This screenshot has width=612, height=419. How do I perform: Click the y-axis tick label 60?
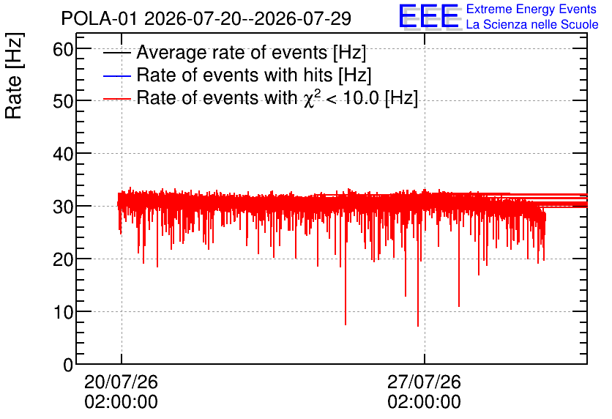coord(63,50)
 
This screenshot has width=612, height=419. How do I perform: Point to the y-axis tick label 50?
coord(63,102)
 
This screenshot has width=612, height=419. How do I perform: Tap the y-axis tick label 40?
coord(63,155)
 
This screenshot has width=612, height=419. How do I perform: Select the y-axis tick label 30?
coord(63,207)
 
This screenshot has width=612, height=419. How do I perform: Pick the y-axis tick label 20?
coord(63,260)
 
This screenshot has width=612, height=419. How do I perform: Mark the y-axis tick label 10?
coord(63,312)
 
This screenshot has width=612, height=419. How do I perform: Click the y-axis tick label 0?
coord(68,365)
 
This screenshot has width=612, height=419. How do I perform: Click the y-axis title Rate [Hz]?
coord(14,76)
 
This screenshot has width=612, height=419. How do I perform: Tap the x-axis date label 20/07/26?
coord(121,382)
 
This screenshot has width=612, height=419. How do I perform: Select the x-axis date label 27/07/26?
coord(425,382)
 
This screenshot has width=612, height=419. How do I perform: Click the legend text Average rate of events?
coord(232,52)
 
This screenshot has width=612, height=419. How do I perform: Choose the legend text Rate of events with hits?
coord(234,75)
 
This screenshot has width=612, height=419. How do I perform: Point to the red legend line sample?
coord(116,99)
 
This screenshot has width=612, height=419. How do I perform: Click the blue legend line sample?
coord(116,75)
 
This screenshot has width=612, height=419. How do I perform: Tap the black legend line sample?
coord(116,53)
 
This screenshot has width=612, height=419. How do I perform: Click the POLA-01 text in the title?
coord(99,19)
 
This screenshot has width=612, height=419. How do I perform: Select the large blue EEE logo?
coord(429,16)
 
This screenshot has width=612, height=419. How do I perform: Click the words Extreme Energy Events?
coord(531,9)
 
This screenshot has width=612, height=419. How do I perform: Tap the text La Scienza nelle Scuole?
coord(532,25)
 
